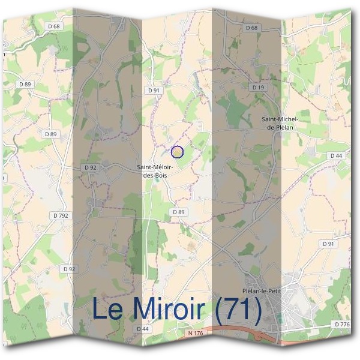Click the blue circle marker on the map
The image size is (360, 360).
177,152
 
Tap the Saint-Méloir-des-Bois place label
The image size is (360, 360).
155,171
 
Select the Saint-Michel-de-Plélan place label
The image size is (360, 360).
280,123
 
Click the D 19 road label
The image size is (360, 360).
258,88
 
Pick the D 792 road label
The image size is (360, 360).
61,215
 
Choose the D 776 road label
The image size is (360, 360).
341,325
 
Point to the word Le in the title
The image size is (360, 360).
108,310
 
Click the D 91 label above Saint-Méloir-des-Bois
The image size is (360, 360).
154,90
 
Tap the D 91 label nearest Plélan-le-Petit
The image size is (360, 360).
328,244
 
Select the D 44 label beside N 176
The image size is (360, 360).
142,329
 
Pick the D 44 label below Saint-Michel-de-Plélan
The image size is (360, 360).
336,155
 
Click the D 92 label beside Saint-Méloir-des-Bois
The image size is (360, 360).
91,167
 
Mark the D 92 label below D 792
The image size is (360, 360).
69,269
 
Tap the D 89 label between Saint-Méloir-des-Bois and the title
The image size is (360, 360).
178,212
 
